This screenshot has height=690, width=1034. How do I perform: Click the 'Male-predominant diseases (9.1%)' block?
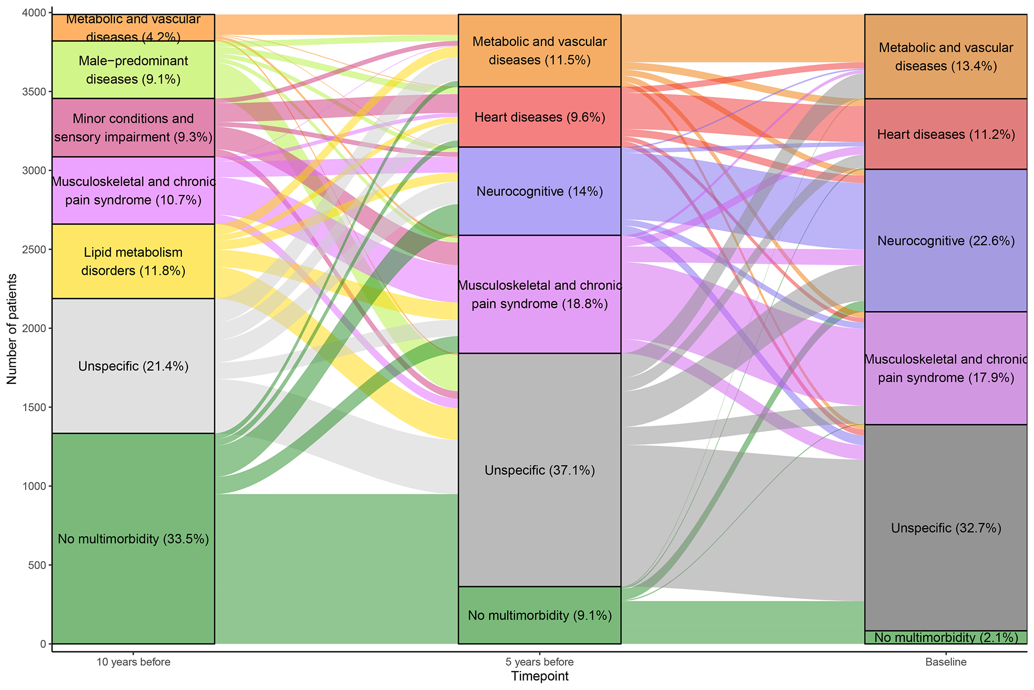(x=133, y=70)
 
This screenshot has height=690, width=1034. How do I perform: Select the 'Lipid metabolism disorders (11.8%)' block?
(x=133, y=261)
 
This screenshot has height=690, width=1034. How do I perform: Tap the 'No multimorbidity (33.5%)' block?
(x=133, y=538)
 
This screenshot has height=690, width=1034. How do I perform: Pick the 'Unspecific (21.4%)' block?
(x=133, y=366)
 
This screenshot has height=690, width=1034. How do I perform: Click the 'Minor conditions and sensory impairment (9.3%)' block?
(x=133, y=128)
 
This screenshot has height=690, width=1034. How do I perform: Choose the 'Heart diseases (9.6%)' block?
(x=540, y=117)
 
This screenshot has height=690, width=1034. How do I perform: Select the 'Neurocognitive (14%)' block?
(x=540, y=191)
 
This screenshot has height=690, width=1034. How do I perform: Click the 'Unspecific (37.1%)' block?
(x=540, y=470)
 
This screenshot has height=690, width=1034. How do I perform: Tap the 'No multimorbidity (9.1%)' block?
(x=540, y=615)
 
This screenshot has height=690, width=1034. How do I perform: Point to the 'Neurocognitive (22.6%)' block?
(x=946, y=241)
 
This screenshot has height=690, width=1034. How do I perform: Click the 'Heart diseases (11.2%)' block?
(x=946, y=134)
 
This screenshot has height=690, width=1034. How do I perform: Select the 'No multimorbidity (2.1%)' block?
(x=946, y=637)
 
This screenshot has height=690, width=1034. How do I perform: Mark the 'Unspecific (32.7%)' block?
(x=946, y=528)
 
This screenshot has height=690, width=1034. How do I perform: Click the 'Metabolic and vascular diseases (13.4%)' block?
(x=946, y=57)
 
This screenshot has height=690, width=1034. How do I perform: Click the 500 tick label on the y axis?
(x=37, y=565)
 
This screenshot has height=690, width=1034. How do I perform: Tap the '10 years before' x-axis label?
(x=133, y=662)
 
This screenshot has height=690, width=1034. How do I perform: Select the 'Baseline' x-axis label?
(x=946, y=662)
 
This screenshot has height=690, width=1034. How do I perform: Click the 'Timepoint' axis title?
(x=540, y=677)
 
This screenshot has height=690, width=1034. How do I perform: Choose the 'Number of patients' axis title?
(x=12, y=329)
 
